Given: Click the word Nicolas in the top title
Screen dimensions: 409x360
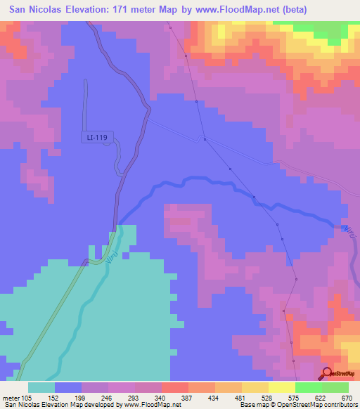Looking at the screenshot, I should (60, 10).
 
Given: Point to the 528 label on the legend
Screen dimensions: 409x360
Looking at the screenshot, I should (268, 397).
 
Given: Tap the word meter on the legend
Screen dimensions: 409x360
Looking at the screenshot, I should (11, 397).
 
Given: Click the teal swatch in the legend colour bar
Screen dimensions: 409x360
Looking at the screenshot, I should (41, 387).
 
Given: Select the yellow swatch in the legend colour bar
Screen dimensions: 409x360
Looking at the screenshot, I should (255, 387).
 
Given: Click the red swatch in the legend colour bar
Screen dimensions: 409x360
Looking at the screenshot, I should (174, 387).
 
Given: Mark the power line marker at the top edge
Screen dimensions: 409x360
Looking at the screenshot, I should (170, 27).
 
